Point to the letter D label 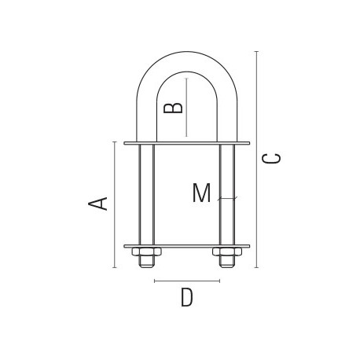187,298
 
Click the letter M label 201,193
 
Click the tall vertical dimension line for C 257,157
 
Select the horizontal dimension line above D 187,281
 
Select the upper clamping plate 187,143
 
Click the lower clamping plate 187,246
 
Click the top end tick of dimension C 257,51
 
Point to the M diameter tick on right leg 226,199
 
